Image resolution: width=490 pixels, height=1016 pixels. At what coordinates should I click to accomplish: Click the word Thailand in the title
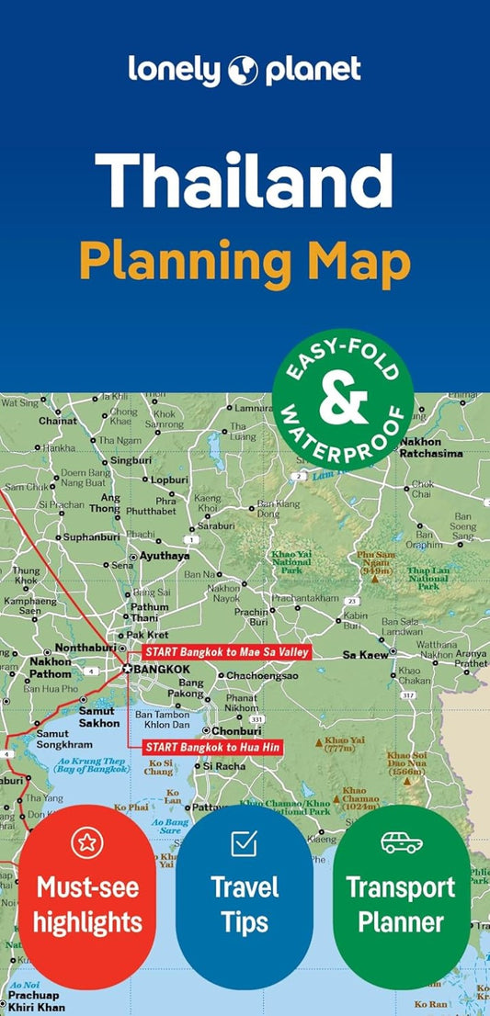245,180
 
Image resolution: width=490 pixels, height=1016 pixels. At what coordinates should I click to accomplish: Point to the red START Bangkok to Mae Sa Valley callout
226,652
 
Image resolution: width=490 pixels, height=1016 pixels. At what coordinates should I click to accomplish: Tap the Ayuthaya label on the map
165,556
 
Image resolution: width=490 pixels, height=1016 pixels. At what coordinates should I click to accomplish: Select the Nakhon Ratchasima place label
432,446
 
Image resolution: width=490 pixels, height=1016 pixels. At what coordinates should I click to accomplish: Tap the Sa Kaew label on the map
363,654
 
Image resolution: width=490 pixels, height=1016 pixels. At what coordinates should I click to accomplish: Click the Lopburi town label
170,480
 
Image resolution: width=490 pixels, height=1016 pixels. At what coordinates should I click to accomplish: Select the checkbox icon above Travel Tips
244,842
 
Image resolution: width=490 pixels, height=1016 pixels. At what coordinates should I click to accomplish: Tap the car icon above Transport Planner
401,842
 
